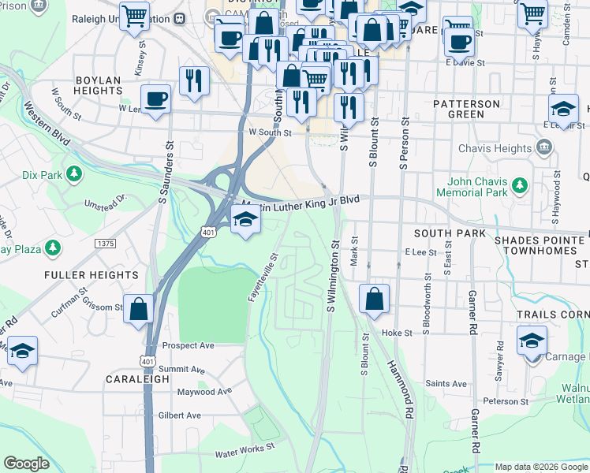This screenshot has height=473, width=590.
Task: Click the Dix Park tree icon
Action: pos(74,173)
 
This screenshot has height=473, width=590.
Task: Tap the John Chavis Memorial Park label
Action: pos(473,186)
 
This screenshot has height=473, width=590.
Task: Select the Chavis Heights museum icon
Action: pos(544,147)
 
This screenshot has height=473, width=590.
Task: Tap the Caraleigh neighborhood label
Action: pos(137,379)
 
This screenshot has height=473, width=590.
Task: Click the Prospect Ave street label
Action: pos(189,346)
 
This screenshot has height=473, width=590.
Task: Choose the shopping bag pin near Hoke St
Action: pos(374,299)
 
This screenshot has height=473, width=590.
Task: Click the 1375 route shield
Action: pos(105,244)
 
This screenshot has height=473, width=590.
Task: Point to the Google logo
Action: pos(26,464)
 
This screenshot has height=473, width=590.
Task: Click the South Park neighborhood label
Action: pos(440,234)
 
